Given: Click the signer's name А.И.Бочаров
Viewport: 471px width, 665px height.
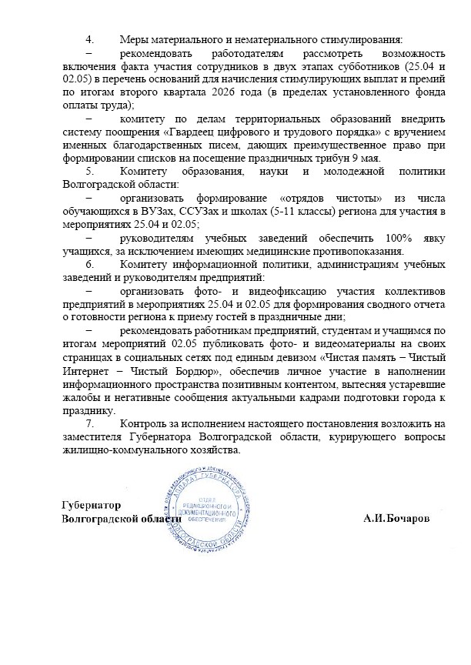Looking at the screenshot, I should pyautogui.click(x=397, y=518).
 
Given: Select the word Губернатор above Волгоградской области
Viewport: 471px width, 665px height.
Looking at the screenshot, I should pyautogui.click(x=92, y=505).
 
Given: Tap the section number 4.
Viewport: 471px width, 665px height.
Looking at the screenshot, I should pyautogui.click(x=89, y=39).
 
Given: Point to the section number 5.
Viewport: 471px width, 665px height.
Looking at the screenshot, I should pyautogui.click(x=89, y=172).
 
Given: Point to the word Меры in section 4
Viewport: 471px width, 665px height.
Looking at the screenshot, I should pyautogui.click(x=135, y=39).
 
